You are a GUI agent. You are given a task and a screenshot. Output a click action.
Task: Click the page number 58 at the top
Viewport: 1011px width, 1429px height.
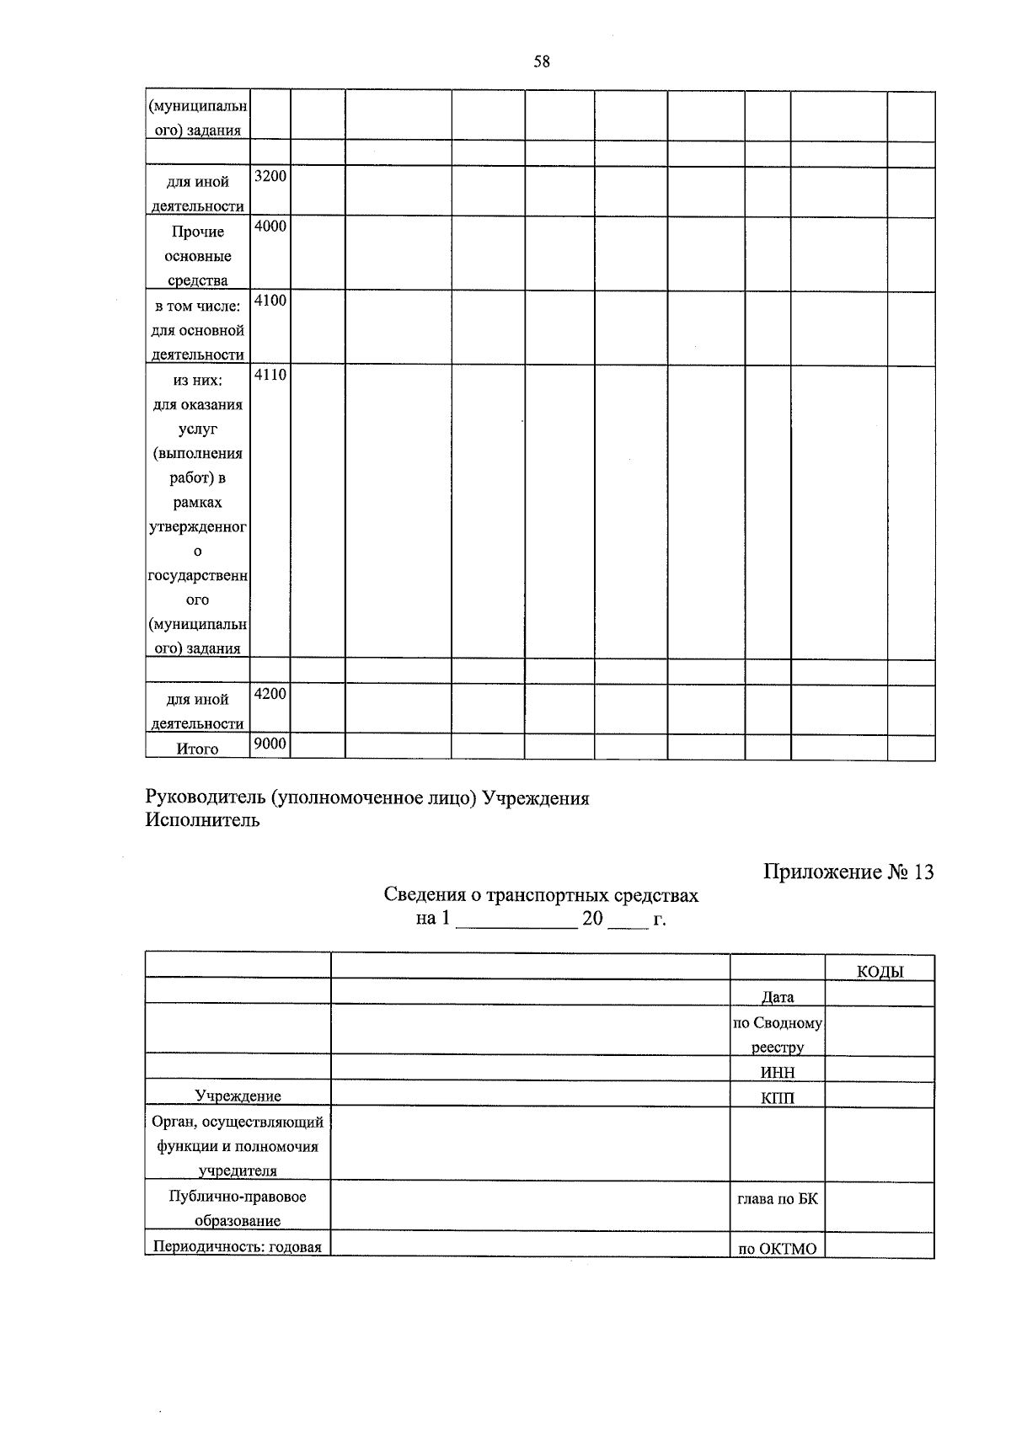(542, 62)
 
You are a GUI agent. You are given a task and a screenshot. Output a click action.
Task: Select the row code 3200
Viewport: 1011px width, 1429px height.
(270, 176)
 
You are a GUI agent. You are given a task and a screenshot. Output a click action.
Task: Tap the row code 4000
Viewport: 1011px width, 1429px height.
(270, 226)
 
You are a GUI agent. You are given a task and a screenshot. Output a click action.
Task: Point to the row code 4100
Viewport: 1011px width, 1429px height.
(270, 300)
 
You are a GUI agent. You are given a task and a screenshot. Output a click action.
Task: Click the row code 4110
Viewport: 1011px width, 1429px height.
(270, 374)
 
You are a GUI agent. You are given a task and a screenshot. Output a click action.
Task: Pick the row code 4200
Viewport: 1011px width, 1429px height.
(270, 693)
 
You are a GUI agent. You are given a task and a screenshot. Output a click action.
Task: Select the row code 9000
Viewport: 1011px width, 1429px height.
(270, 743)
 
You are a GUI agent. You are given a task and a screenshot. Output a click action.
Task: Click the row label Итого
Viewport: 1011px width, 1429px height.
(198, 749)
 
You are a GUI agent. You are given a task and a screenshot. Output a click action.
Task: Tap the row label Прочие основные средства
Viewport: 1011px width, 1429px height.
(198, 256)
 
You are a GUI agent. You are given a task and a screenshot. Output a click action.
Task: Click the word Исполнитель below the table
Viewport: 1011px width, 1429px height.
(202, 819)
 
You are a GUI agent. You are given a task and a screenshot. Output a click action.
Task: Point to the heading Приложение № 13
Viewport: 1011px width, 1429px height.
(848, 872)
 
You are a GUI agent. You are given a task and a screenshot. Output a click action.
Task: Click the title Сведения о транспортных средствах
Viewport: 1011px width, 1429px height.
(541, 894)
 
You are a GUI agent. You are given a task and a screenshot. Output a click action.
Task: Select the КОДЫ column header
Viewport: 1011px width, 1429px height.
(880, 972)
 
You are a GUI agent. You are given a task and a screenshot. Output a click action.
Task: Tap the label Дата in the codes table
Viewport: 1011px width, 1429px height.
(777, 997)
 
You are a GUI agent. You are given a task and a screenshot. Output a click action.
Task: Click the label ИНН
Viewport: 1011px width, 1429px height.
(777, 1072)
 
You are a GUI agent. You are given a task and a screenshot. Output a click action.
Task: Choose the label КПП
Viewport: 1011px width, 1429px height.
(777, 1097)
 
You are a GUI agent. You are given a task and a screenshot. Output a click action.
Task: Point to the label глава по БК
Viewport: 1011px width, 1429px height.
(777, 1198)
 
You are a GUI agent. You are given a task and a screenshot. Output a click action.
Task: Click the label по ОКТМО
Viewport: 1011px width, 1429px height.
(777, 1249)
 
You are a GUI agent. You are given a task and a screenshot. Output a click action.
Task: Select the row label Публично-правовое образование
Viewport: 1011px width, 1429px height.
(238, 1208)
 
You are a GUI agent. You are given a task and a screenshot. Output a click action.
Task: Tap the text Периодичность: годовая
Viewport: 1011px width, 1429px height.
(238, 1247)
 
